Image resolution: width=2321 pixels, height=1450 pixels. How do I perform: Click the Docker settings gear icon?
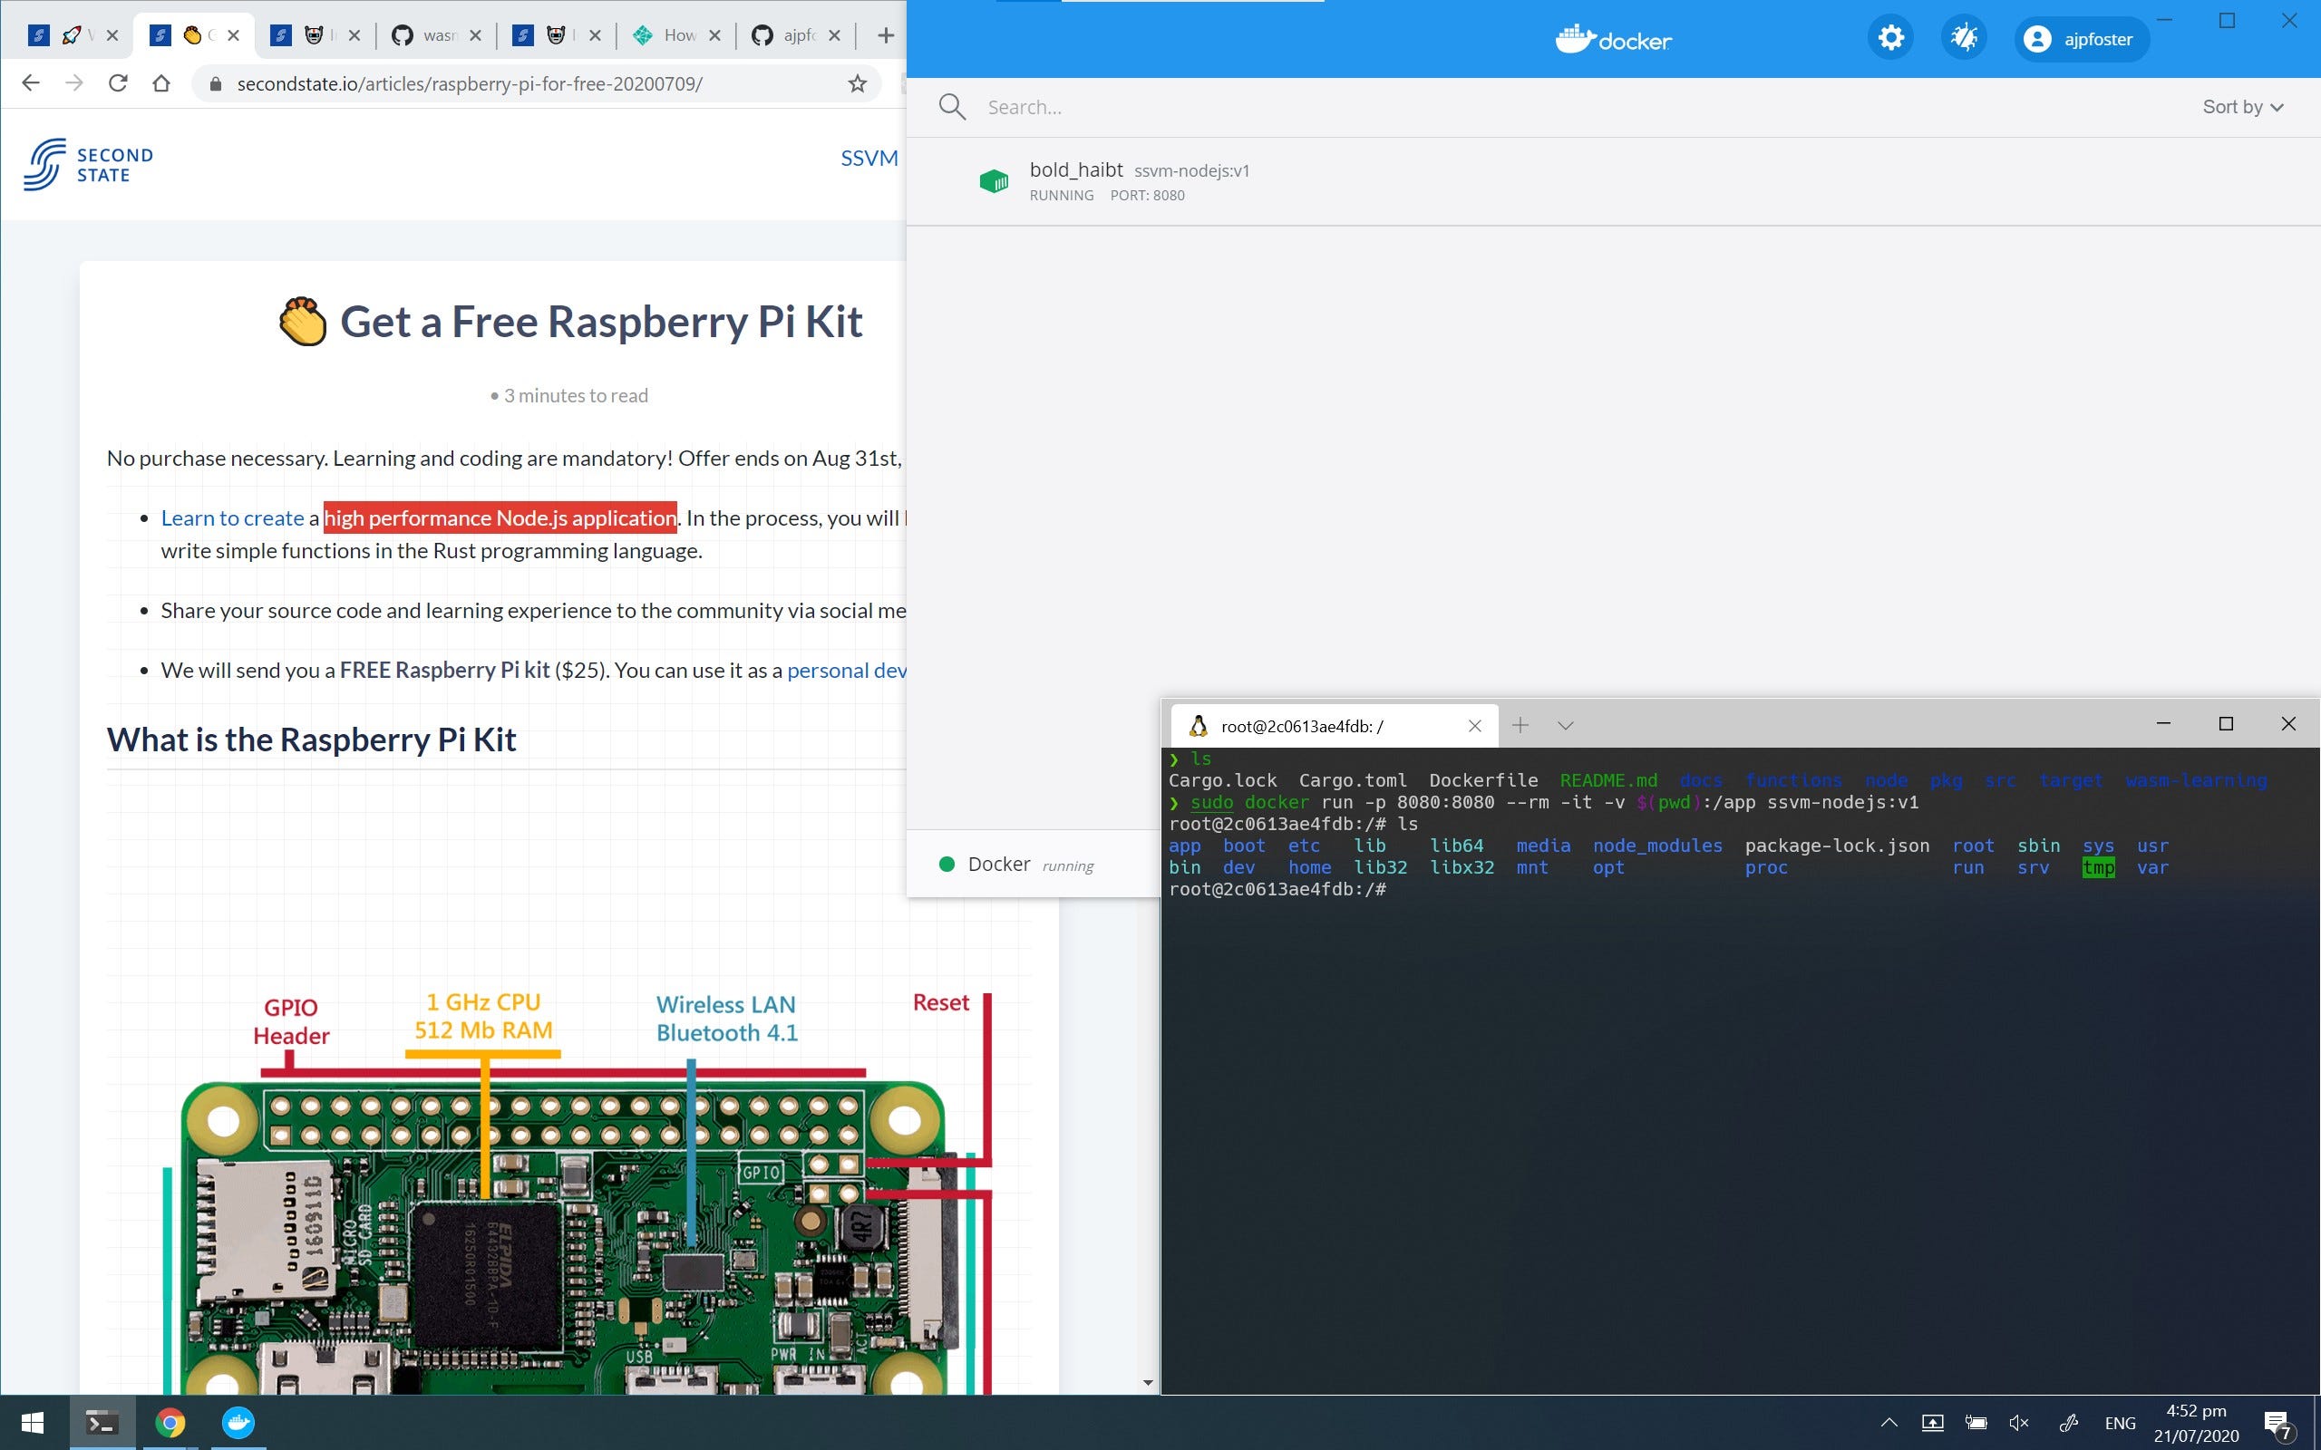tap(1890, 38)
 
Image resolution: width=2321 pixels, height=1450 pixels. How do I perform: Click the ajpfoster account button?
tap(2079, 39)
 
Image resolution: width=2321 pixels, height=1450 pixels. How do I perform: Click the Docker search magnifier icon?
tap(951, 106)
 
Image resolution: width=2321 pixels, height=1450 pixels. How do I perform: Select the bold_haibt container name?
tap(1075, 169)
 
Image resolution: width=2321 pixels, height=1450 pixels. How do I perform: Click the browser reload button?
tap(118, 83)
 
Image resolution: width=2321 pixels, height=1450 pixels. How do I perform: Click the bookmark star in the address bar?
tap(858, 84)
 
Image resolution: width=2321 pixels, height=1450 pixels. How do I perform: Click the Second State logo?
tap(88, 165)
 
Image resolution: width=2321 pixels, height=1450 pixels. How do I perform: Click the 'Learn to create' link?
tap(232, 517)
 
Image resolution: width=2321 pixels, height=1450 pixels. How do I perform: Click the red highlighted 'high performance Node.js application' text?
tap(500, 517)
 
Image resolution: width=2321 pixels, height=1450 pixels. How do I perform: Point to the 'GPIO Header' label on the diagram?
tap(291, 1021)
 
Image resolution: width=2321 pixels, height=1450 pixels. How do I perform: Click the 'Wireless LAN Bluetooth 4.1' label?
tap(726, 1019)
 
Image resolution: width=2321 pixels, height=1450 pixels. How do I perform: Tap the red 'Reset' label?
tap(940, 1002)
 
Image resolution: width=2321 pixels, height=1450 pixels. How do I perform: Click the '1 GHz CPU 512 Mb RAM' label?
tap(483, 1016)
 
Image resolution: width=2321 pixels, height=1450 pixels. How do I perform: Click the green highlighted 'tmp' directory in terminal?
tap(2098, 868)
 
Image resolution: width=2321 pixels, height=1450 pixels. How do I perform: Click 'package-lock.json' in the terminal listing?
tap(1837, 846)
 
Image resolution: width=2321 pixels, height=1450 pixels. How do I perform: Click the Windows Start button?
tap(33, 1422)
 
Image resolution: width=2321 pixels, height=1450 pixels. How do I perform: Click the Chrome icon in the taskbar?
tap(170, 1422)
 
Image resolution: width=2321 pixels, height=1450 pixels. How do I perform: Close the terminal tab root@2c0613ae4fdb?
tap(1475, 726)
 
